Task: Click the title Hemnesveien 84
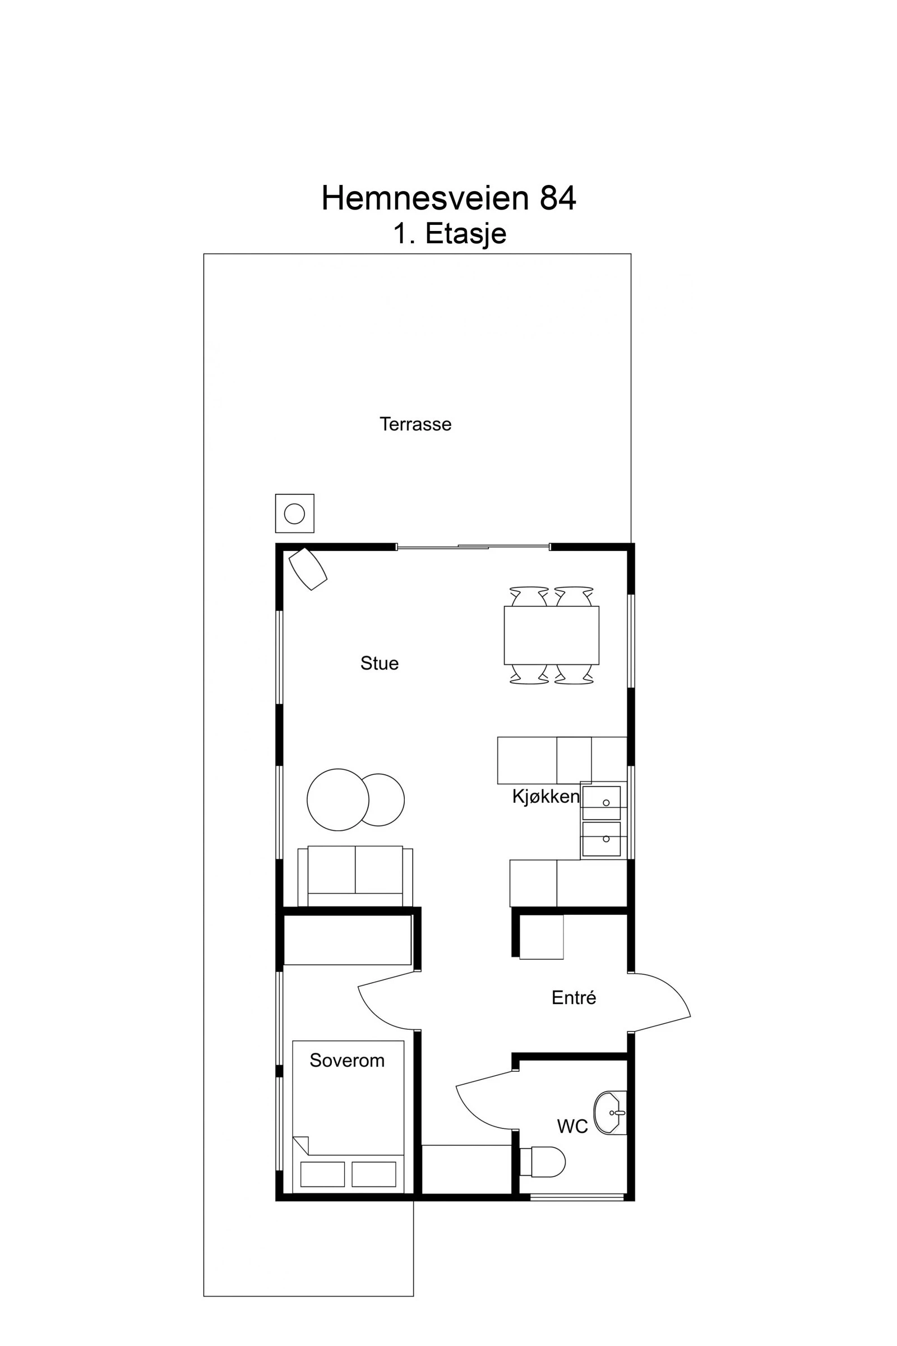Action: pos(449,198)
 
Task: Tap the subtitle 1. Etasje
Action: pos(450,233)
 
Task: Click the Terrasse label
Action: pos(415,424)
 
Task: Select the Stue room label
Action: pos(380,663)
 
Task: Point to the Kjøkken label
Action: pos(545,796)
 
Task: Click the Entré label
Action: pos(574,998)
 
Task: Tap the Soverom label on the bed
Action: pos(346,1061)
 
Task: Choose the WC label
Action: pos(572,1126)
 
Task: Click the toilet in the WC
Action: pos(543,1162)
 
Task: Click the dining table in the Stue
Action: pos(551,635)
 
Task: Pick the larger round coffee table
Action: pos(337,800)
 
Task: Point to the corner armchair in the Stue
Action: pos(308,568)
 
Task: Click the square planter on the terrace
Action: pos(295,513)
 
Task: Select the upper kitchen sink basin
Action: pos(601,803)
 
